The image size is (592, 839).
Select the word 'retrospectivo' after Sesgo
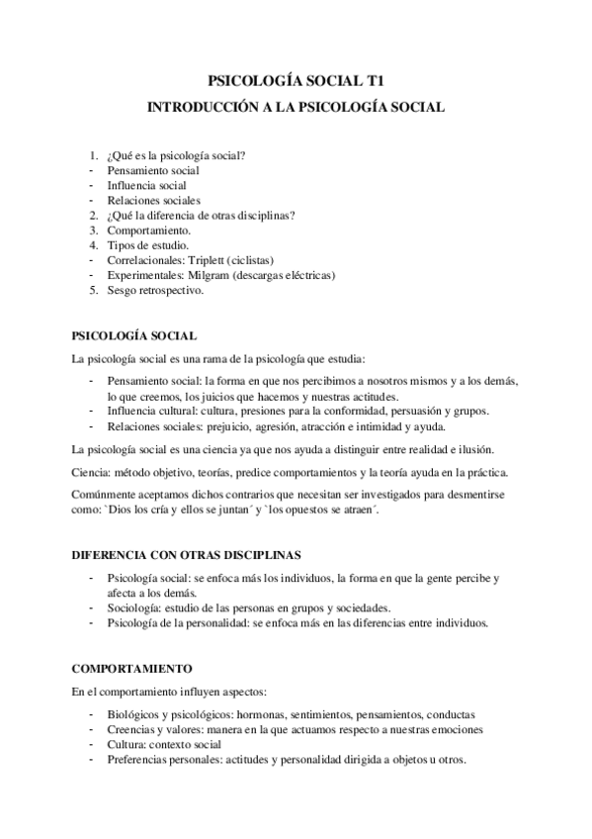point(171,290)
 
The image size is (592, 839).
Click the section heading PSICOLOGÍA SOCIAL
point(133,335)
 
